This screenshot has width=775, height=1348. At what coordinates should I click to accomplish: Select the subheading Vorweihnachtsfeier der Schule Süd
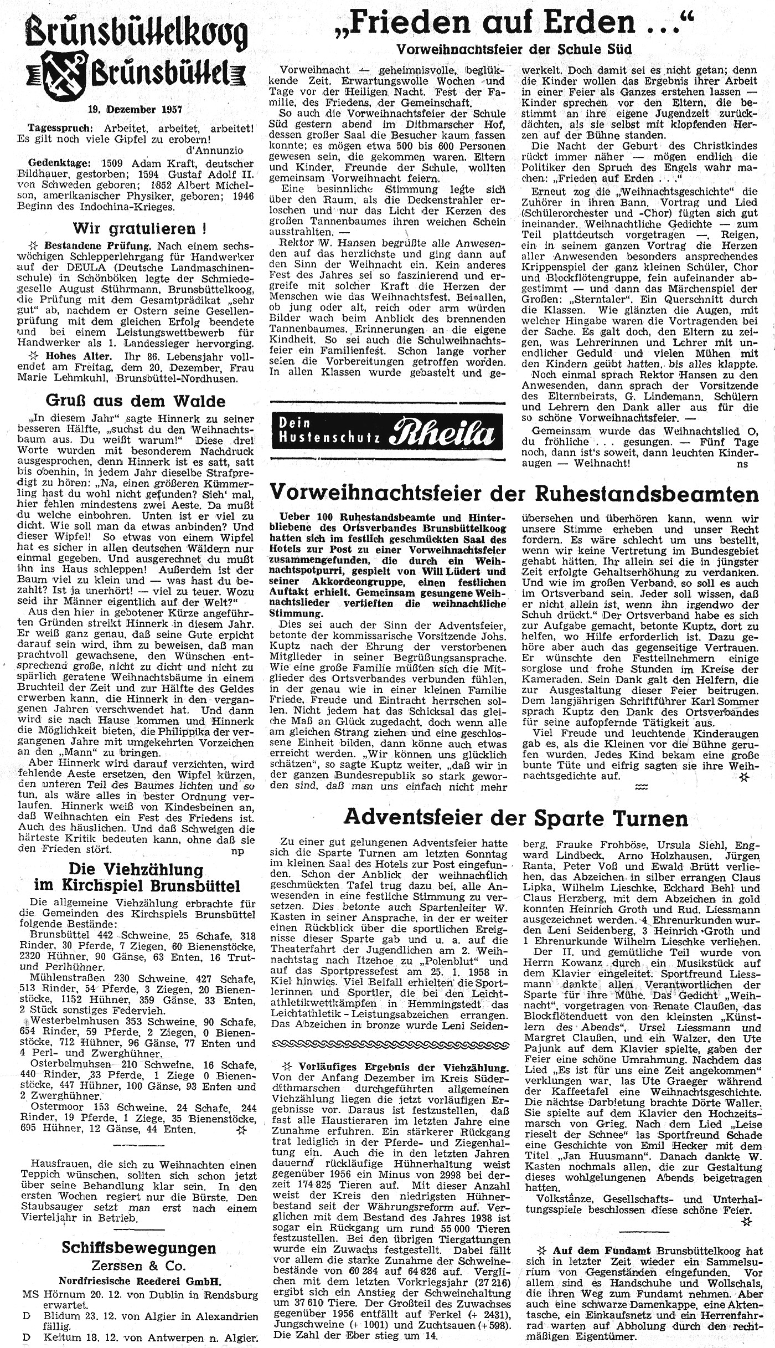[x=514, y=49]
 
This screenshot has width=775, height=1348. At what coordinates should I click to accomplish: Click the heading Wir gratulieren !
[x=136, y=228]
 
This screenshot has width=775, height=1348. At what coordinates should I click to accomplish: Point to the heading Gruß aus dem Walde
[x=136, y=401]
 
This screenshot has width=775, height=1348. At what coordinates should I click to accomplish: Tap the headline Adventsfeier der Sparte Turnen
[x=515, y=817]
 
